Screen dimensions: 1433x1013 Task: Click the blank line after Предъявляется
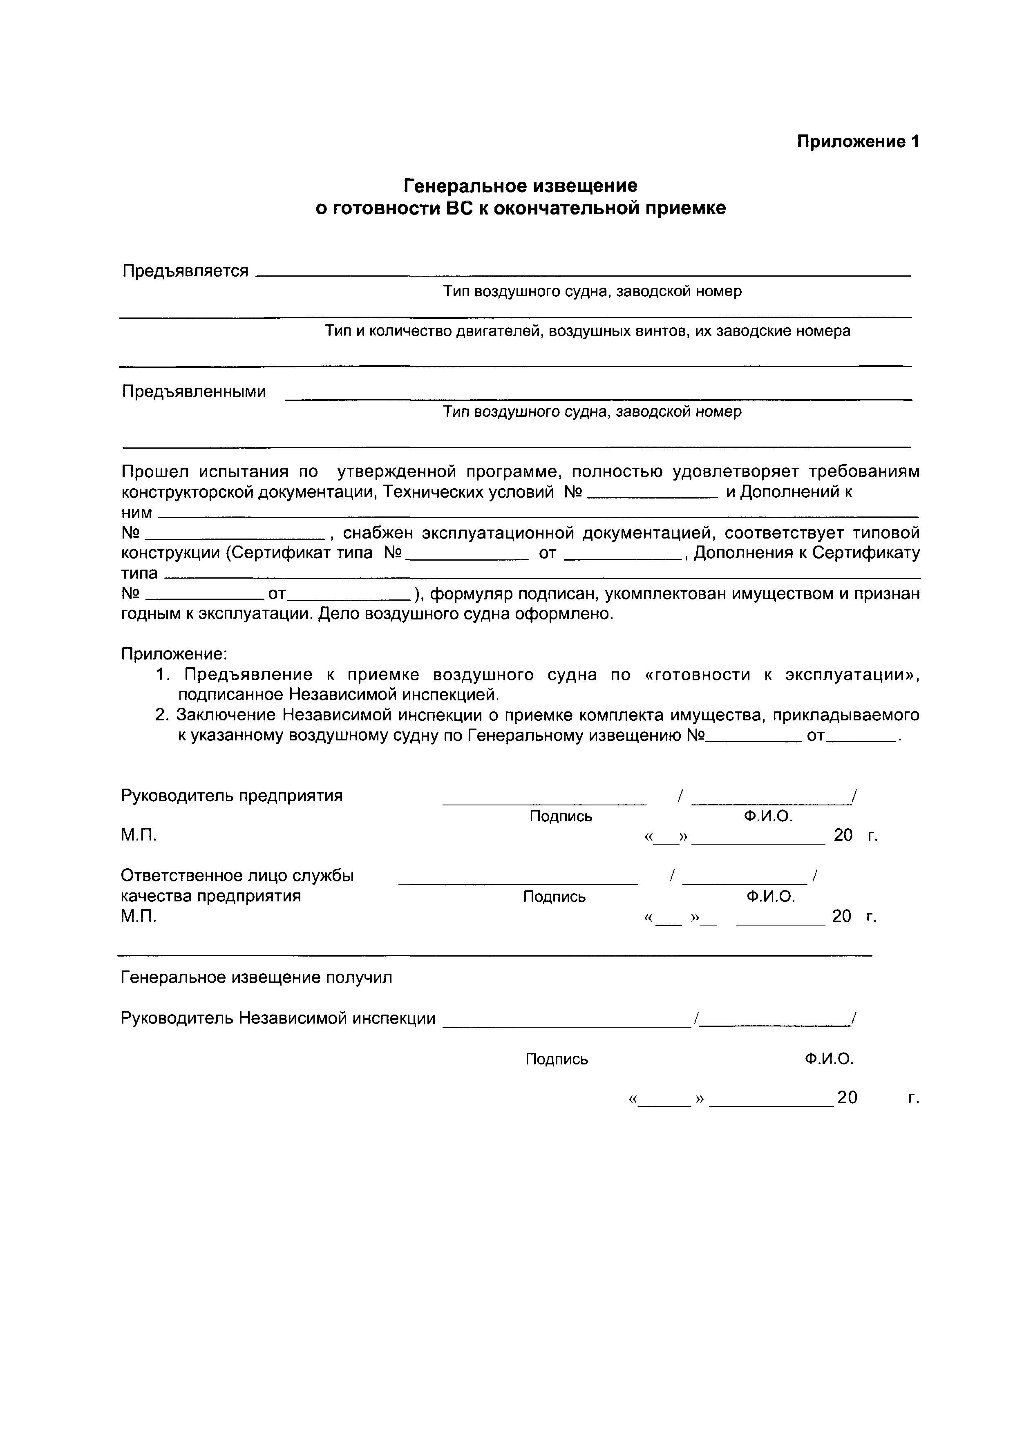[x=584, y=274]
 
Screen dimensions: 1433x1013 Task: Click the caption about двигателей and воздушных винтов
[x=587, y=331]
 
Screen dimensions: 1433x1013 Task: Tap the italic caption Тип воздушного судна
[x=592, y=412]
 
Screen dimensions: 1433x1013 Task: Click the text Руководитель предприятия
[x=232, y=796]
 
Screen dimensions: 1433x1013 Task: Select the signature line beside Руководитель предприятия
[x=544, y=803]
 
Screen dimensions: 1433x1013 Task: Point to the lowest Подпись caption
[x=557, y=1059]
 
